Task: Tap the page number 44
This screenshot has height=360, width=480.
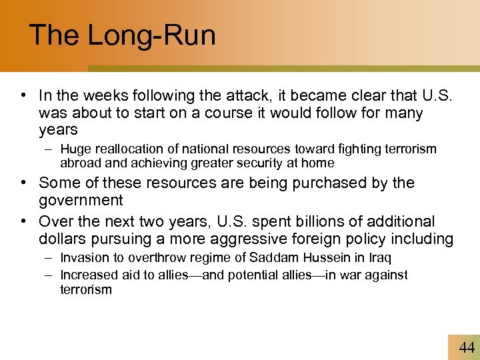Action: coord(467,347)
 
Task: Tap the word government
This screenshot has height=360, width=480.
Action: coord(81,201)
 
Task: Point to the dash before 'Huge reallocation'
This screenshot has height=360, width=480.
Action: coord(51,149)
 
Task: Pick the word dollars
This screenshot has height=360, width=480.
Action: coord(61,239)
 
